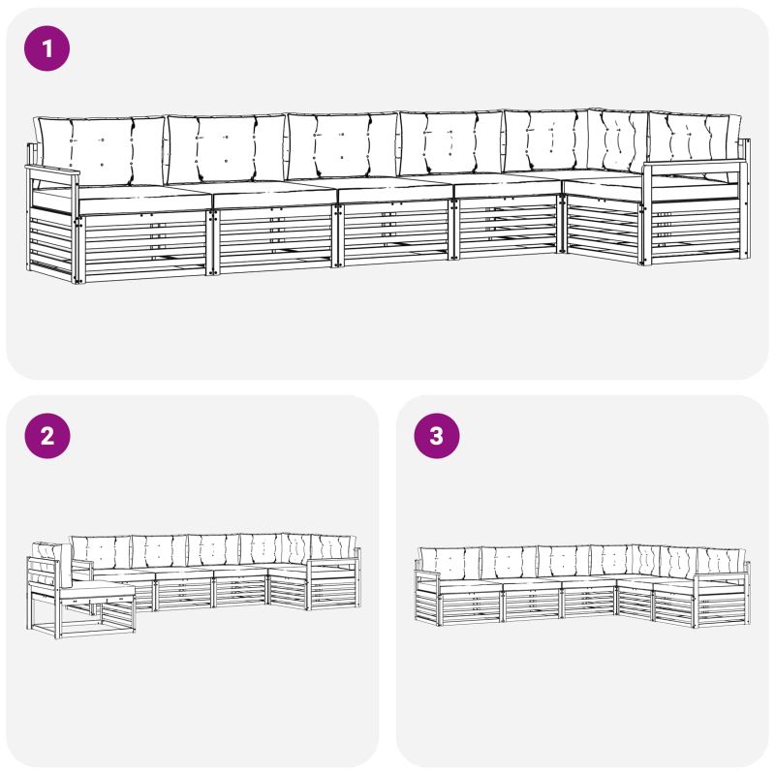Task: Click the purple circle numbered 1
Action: point(46,48)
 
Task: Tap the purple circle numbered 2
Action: point(46,435)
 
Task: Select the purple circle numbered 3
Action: point(437,435)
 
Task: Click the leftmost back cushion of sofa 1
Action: point(102,151)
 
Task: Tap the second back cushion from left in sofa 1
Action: point(226,148)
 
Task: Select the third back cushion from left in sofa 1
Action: point(343,146)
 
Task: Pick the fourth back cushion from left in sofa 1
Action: point(450,143)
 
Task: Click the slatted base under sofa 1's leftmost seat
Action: point(146,245)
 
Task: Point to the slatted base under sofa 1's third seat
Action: point(395,232)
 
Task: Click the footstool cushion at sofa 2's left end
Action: point(101,591)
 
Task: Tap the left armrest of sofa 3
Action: point(427,573)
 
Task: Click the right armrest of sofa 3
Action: point(723,575)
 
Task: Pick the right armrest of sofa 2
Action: point(334,561)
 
